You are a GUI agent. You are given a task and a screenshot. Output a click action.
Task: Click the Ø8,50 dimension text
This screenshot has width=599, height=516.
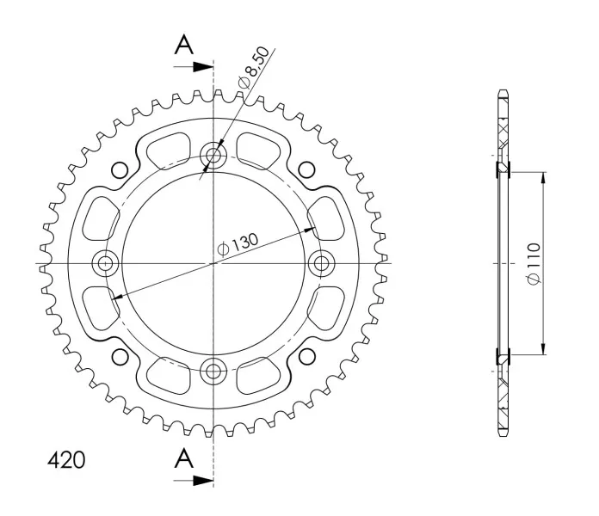pos(253,67)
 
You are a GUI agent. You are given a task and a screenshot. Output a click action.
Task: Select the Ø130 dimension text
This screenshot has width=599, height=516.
pos(238,244)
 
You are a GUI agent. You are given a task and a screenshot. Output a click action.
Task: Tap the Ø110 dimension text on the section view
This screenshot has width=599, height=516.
pos(534,263)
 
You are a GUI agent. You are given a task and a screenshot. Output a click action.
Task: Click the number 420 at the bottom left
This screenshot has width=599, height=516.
pos(66,460)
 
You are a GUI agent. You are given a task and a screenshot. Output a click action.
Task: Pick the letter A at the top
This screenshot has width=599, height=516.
pos(184,45)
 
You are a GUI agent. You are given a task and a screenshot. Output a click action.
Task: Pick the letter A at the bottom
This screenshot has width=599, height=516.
pos(184,458)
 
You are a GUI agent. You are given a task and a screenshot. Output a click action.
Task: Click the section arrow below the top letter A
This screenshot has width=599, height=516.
pos(194,67)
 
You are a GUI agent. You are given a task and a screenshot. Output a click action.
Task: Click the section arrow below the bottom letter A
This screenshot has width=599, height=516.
pos(194,481)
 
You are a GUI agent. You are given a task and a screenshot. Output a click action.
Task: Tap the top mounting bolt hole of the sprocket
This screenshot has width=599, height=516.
pos(213,156)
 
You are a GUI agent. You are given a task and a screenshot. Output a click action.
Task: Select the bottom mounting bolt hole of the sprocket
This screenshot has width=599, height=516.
pos(213,371)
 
